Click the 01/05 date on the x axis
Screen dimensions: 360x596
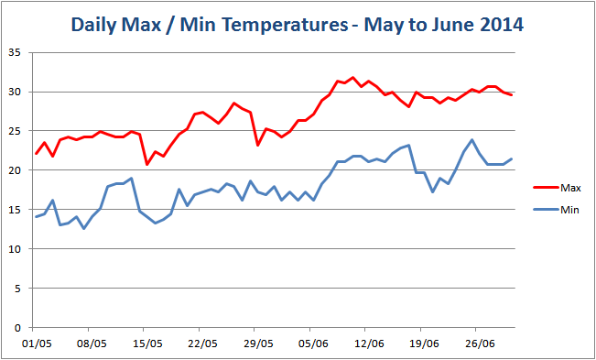(x=34, y=344)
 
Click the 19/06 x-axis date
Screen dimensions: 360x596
(x=424, y=344)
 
